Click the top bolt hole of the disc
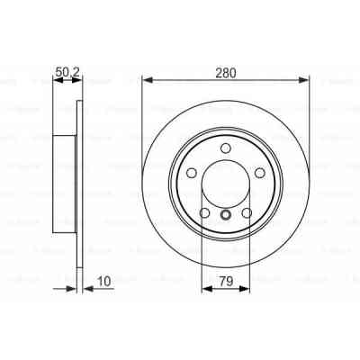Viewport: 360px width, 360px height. [x=225, y=149]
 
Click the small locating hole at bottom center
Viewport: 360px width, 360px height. [x=225, y=214]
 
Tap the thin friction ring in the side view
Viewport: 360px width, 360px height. [x=80, y=180]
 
